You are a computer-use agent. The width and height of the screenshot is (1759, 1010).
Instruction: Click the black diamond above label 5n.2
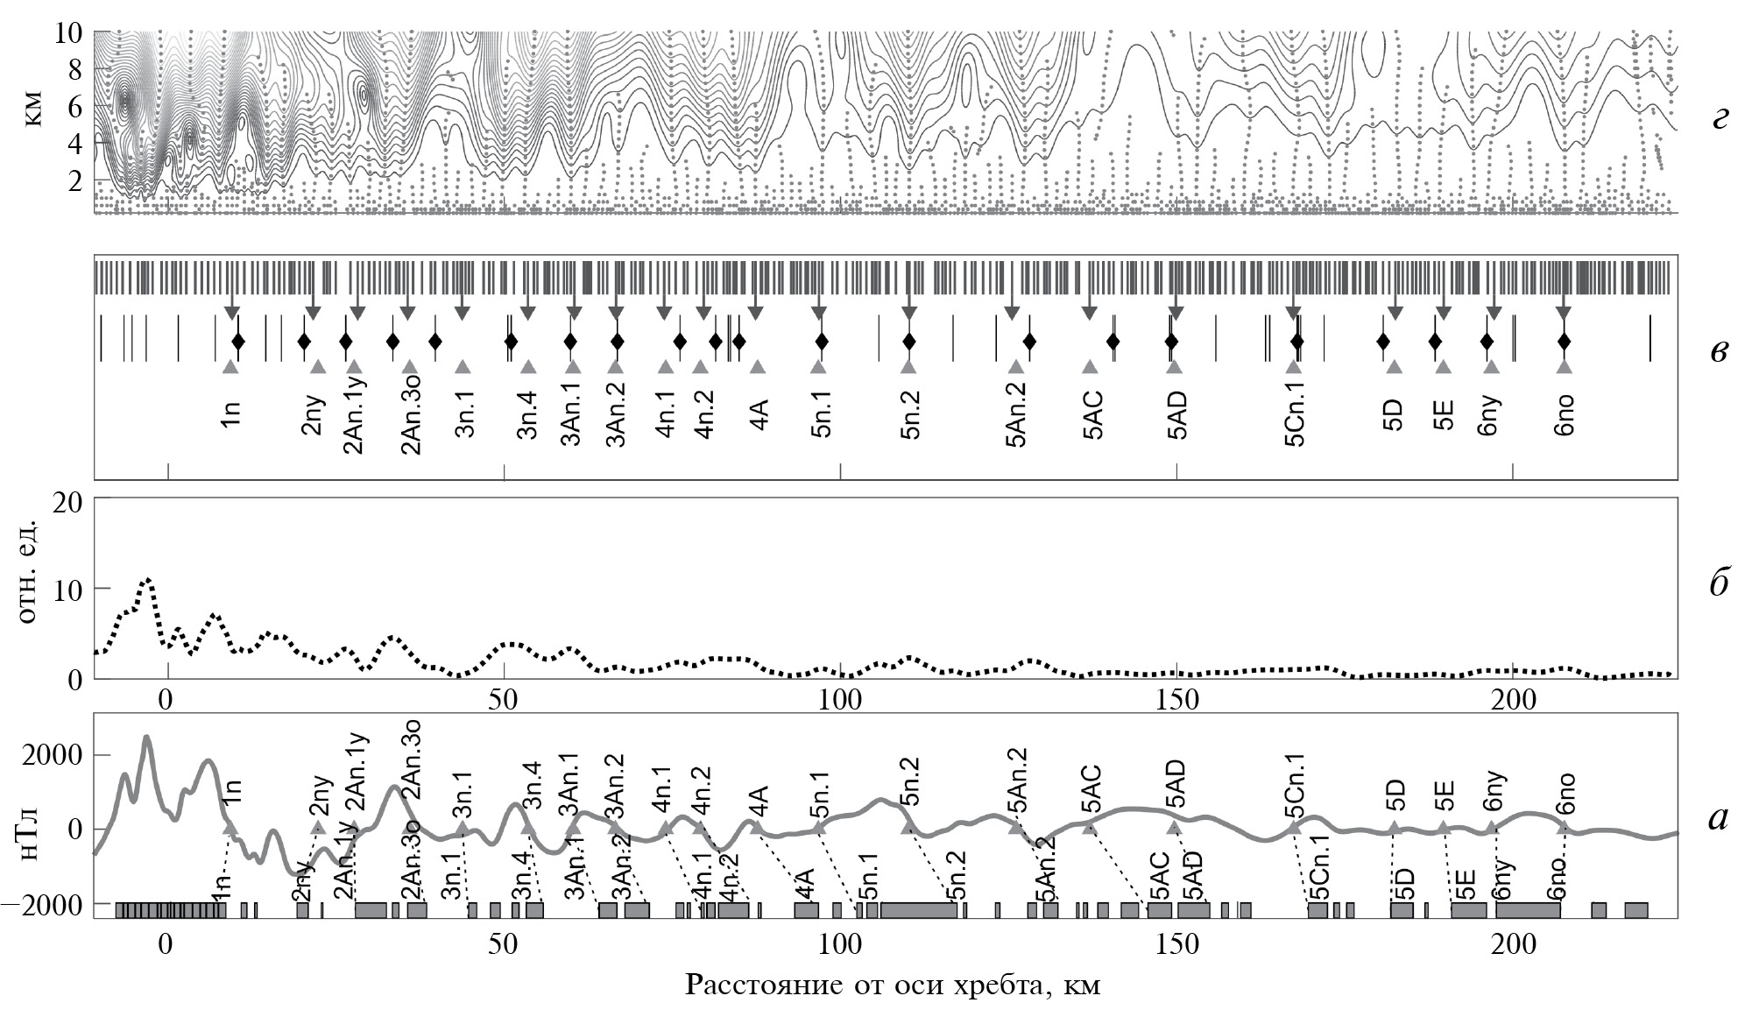(x=909, y=341)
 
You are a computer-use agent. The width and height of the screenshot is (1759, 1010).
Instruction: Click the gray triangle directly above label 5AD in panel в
(x=1174, y=367)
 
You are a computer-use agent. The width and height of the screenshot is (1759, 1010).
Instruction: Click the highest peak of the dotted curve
(x=147, y=579)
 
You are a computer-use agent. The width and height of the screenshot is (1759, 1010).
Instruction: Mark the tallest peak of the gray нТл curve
(x=146, y=738)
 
